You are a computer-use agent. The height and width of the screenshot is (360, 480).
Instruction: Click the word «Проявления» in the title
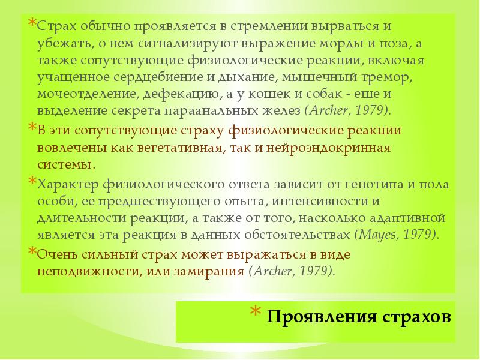point(311,316)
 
